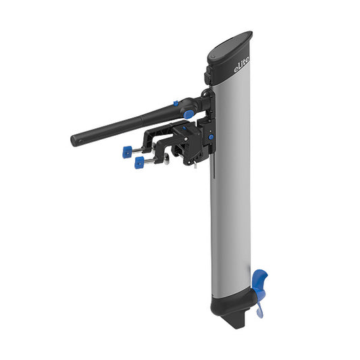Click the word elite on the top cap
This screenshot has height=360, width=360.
(241, 66)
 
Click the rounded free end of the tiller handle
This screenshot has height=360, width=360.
(75, 140)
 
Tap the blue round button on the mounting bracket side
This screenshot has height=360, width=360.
(211, 138)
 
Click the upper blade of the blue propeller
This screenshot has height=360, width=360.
(260, 278)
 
